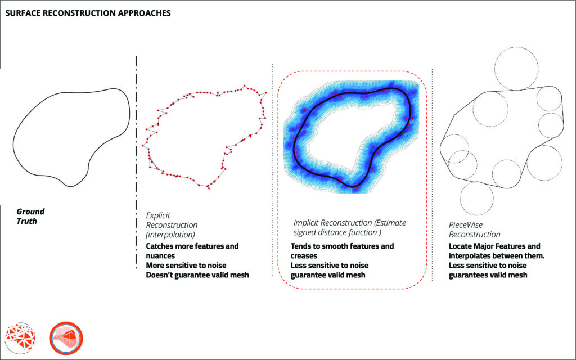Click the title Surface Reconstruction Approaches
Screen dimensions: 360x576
coord(88,12)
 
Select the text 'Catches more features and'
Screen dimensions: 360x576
coord(192,246)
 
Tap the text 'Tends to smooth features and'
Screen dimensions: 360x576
coord(342,246)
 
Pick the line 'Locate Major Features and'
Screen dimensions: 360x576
coord(494,246)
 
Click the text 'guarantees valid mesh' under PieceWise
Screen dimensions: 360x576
coord(488,275)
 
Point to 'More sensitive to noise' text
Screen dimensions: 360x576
coord(186,265)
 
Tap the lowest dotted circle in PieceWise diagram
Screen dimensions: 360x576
coord(477,197)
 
